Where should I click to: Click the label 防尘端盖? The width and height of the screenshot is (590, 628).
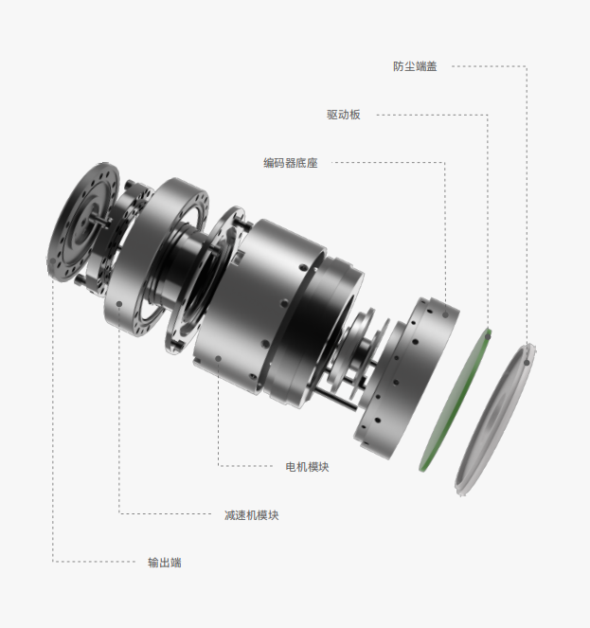tap(415, 66)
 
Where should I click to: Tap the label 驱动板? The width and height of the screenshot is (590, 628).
tap(343, 115)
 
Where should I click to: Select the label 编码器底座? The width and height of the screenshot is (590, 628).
tap(291, 163)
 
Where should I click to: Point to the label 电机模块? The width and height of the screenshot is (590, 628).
tap(307, 467)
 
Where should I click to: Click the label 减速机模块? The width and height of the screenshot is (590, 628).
tap(251, 515)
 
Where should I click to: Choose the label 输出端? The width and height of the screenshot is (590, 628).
tap(164, 563)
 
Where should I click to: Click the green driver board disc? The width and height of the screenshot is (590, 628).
tap(456, 400)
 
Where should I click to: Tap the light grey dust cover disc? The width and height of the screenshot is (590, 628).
tap(495, 420)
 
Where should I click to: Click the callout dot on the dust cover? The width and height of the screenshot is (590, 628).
tap(527, 363)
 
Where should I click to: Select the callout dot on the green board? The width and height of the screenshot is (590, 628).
tap(488, 336)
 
